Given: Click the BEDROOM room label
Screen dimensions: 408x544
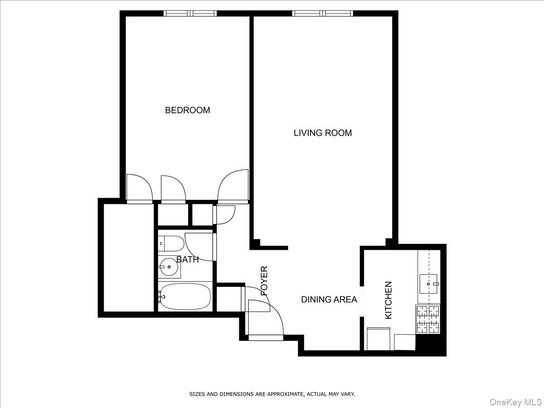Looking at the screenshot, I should pos(187,110).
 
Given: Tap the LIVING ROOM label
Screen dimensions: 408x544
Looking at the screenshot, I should pos(322,133).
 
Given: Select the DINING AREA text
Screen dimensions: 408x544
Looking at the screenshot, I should pos(329,300).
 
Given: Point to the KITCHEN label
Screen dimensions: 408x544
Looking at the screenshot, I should pos(389,300).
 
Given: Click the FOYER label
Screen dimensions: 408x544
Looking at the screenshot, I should pos(264,281).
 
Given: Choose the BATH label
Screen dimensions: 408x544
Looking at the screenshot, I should pos(187,260).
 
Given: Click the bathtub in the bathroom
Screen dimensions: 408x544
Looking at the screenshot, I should pos(185,297).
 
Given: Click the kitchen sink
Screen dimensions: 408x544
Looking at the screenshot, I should pos(428,283).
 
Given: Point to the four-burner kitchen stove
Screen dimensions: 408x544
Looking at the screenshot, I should pos(428,319).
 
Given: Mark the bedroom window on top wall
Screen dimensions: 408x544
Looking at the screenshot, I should pos(190,14).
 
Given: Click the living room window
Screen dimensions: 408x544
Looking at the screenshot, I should pos(323,14).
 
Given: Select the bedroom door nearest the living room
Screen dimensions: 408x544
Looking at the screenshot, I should pos(233,186).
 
